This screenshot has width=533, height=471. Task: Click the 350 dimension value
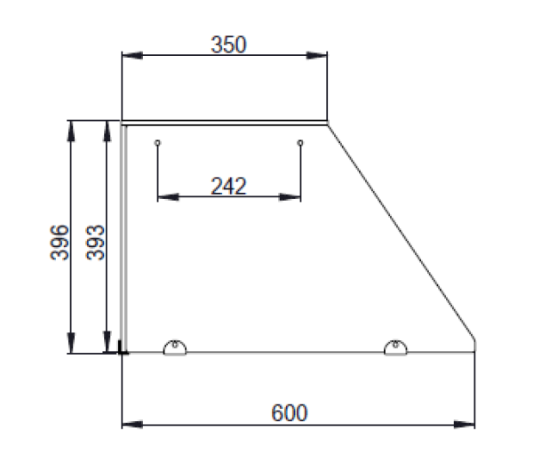tap(228, 44)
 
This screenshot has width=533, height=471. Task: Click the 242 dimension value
tap(228, 186)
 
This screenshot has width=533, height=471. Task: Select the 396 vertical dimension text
tap(60, 243)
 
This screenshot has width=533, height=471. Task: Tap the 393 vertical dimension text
tap(95, 243)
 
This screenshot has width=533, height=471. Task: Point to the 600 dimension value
tap(290, 413)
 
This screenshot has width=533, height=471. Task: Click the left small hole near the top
tap(157, 142)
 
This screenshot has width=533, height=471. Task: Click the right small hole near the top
tap(300, 142)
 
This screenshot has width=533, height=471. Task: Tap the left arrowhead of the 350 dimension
tap(132, 55)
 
